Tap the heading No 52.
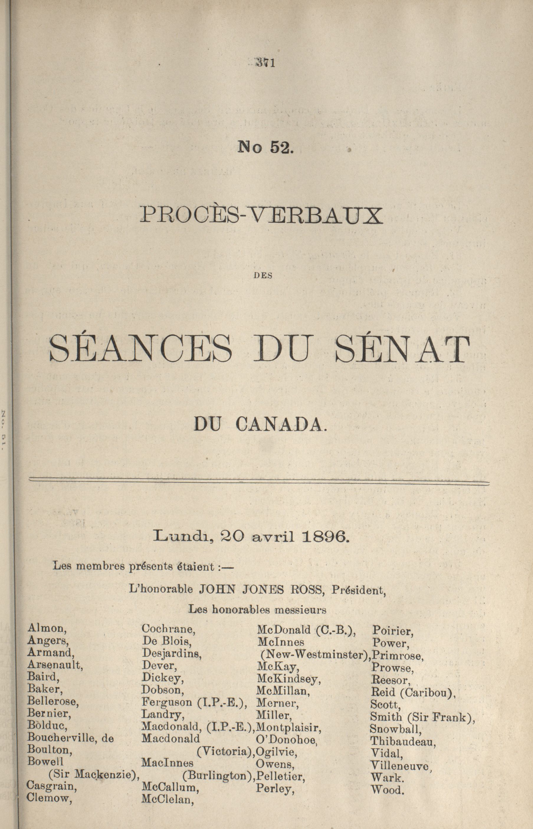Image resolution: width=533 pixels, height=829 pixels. (265, 148)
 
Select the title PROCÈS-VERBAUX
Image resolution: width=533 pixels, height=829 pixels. (262, 216)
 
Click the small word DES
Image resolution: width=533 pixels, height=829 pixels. (264, 276)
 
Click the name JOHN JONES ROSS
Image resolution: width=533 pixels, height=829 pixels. (260, 590)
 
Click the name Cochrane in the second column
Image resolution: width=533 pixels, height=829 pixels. (168, 629)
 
